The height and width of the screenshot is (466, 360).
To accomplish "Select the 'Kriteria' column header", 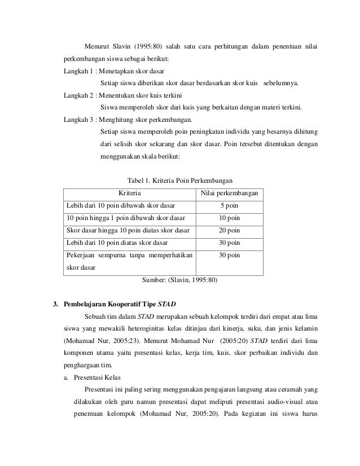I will [x=129, y=194].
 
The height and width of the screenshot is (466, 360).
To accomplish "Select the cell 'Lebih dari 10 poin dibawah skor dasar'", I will [x=121, y=205].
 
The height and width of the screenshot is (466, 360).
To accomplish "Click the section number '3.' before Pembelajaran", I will [x=55, y=304].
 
